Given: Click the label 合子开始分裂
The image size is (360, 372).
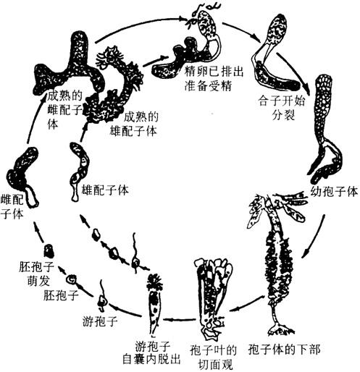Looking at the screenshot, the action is (282, 108).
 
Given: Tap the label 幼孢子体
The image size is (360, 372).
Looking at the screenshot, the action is (334, 192).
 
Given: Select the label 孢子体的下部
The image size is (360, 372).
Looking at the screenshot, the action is (284, 350).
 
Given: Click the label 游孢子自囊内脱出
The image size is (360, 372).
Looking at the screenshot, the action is (151, 352).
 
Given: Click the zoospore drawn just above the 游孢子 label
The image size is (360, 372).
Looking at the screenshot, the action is (103, 296).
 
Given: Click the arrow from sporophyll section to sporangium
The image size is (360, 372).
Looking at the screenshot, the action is (179, 320).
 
